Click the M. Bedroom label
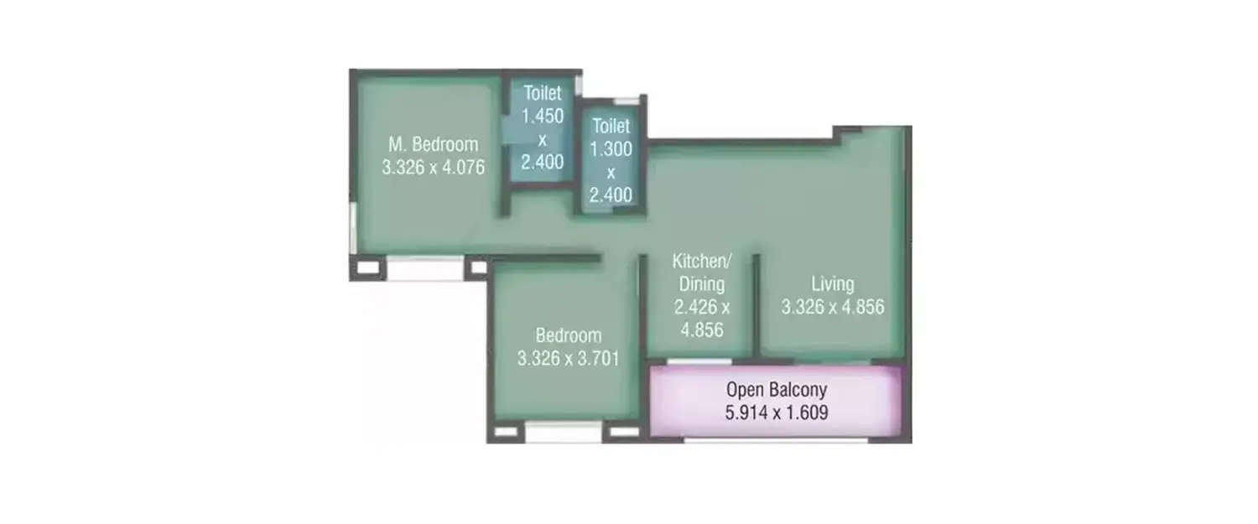(x=433, y=143)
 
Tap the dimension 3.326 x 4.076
(x=433, y=167)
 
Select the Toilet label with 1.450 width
(x=543, y=92)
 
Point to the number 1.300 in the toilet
(x=611, y=150)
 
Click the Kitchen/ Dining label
(x=698, y=272)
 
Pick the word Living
(x=832, y=283)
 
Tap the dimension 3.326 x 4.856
(x=832, y=307)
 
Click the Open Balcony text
(x=777, y=389)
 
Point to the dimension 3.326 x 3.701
(x=569, y=359)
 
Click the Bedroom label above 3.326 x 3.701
(x=569, y=335)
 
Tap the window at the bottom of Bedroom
(x=563, y=433)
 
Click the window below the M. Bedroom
(x=424, y=269)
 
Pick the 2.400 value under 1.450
(x=543, y=161)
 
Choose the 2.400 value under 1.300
(x=611, y=195)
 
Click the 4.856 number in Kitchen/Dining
(x=702, y=329)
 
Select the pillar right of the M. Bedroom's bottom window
(x=477, y=268)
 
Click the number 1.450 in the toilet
(x=543, y=116)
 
